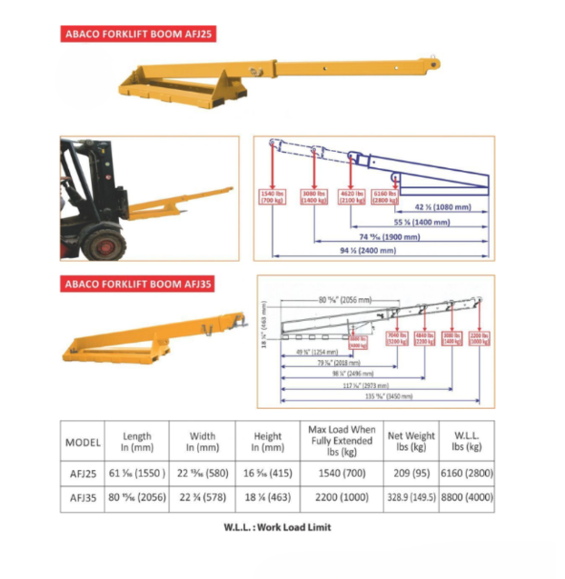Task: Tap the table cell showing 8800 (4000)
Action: point(468,499)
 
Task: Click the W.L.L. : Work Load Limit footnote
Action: point(277,527)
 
